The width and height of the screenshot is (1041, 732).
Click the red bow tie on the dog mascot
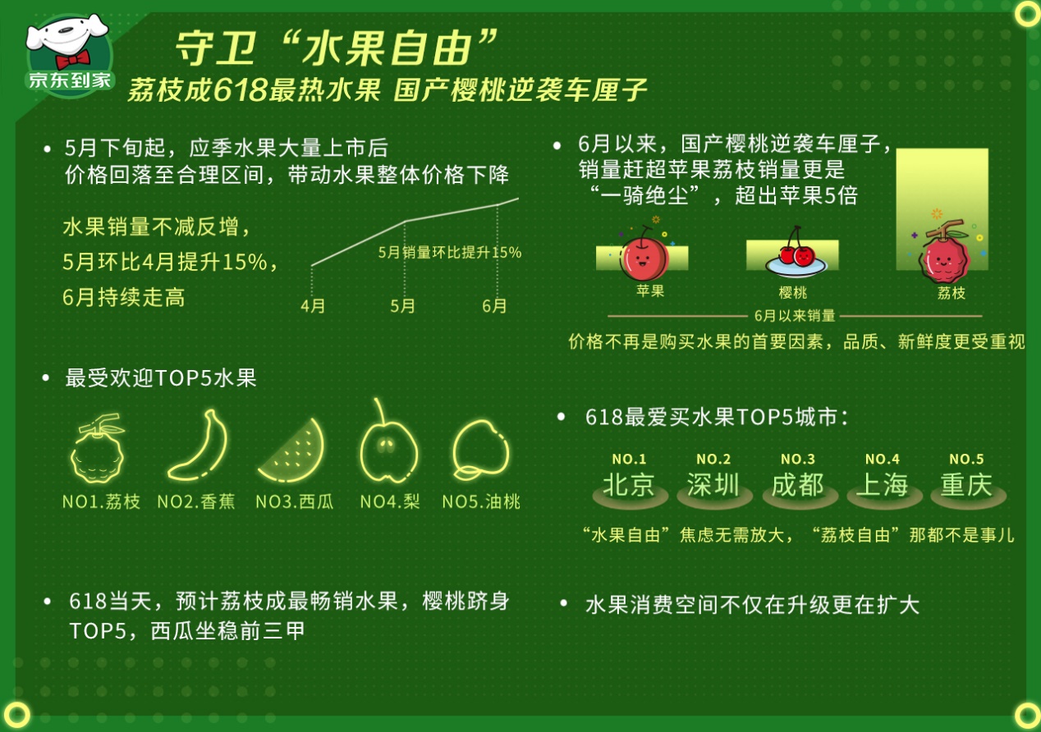pyautogui.click(x=73, y=59)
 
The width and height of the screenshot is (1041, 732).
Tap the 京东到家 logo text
pyautogui.click(x=70, y=80)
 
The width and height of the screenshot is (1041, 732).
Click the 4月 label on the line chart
pyautogui.click(x=313, y=306)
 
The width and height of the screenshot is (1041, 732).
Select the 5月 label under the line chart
pyautogui.click(x=402, y=306)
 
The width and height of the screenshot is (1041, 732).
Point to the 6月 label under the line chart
pyautogui.click(x=494, y=306)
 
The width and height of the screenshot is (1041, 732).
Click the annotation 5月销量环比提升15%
pyautogui.click(x=450, y=253)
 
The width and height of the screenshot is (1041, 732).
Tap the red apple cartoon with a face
pyautogui.click(x=643, y=254)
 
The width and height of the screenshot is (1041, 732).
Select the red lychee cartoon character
pyautogui.click(x=943, y=253)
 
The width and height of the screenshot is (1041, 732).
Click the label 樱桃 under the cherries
pyautogui.click(x=793, y=293)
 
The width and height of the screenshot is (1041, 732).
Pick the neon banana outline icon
pyautogui.click(x=198, y=446)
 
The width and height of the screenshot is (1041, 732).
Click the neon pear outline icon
pyautogui.click(x=388, y=441)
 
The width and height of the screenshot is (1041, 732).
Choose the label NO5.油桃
pyautogui.click(x=481, y=501)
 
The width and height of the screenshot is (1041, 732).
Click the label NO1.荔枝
pyautogui.click(x=101, y=501)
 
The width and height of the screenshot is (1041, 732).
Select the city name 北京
pyautogui.click(x=629, y=484)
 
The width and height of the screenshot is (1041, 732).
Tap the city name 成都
pyautogui.click(x=798, y=484)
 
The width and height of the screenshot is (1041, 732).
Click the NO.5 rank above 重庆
pyautogui.click(x=966, y=459)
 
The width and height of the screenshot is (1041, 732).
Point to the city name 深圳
pyautogui.click(x=713, y=484)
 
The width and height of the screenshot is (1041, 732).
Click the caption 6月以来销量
pyautogui.click(x=795, y=316)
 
